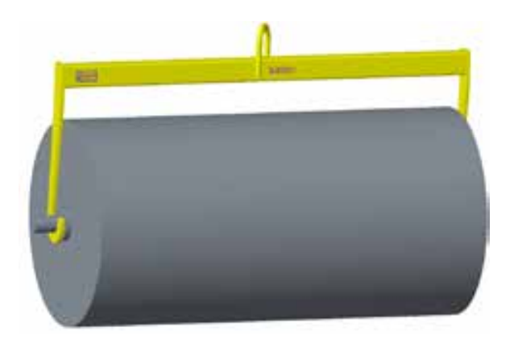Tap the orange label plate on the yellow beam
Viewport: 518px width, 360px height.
(x=85, y=75)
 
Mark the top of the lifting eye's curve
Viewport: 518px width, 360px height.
(x=263, y=27)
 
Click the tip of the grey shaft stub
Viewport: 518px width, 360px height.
(x=37, y=229)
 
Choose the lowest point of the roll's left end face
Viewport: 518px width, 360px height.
(x=68, y=326)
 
